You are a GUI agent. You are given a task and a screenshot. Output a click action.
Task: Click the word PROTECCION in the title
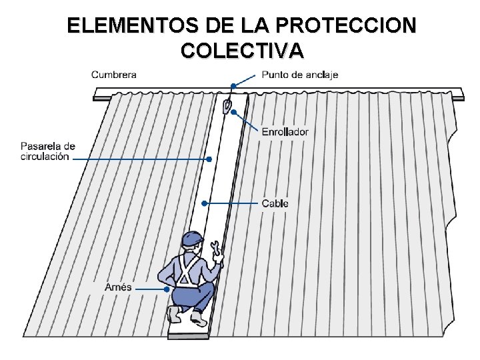point(345,26)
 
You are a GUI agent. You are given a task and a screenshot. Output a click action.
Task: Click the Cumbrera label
point(114,75)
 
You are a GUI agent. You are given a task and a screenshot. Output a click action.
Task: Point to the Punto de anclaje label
point(300,75)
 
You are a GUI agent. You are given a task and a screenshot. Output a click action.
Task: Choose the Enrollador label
point(285,132)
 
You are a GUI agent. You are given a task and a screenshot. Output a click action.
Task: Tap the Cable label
point(275,203)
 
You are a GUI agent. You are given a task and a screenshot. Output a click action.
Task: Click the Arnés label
point(118,287)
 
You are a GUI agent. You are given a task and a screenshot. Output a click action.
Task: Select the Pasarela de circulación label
point(47,151)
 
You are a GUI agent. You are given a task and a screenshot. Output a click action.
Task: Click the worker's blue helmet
point(193,239)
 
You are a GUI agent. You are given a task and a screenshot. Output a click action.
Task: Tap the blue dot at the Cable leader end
point(205,203)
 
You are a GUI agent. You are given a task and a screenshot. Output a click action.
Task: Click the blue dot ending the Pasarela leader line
point(209,159)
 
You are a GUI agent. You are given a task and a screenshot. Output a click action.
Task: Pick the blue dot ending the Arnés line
point(166,289)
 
